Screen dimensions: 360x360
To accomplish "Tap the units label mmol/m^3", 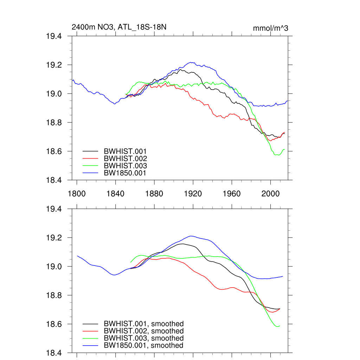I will click(x=270, y=28).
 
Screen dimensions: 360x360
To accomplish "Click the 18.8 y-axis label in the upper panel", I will click(x=54, y=123).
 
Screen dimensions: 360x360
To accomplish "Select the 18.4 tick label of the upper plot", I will click(x=54, y=180).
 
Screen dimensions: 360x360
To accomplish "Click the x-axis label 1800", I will click(x=77, y=194).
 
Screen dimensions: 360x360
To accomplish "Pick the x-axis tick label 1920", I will click(x=193, y=194).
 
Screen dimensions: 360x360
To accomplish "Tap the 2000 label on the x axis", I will click(x=271, y=194).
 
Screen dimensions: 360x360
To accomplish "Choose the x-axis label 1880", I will click(x=154, y=194).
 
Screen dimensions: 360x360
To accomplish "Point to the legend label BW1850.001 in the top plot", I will click(x=125, y=173).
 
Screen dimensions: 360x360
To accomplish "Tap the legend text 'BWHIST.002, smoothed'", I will click(x=143, y=331).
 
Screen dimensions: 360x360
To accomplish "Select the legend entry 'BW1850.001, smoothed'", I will click(x=143, y=346).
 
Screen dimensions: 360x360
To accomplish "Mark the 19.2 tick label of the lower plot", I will click(x=54, y=238).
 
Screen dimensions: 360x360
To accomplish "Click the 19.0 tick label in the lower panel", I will click(x=54, y=267).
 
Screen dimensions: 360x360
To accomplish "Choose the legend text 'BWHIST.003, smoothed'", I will click(x=143, y=338).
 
